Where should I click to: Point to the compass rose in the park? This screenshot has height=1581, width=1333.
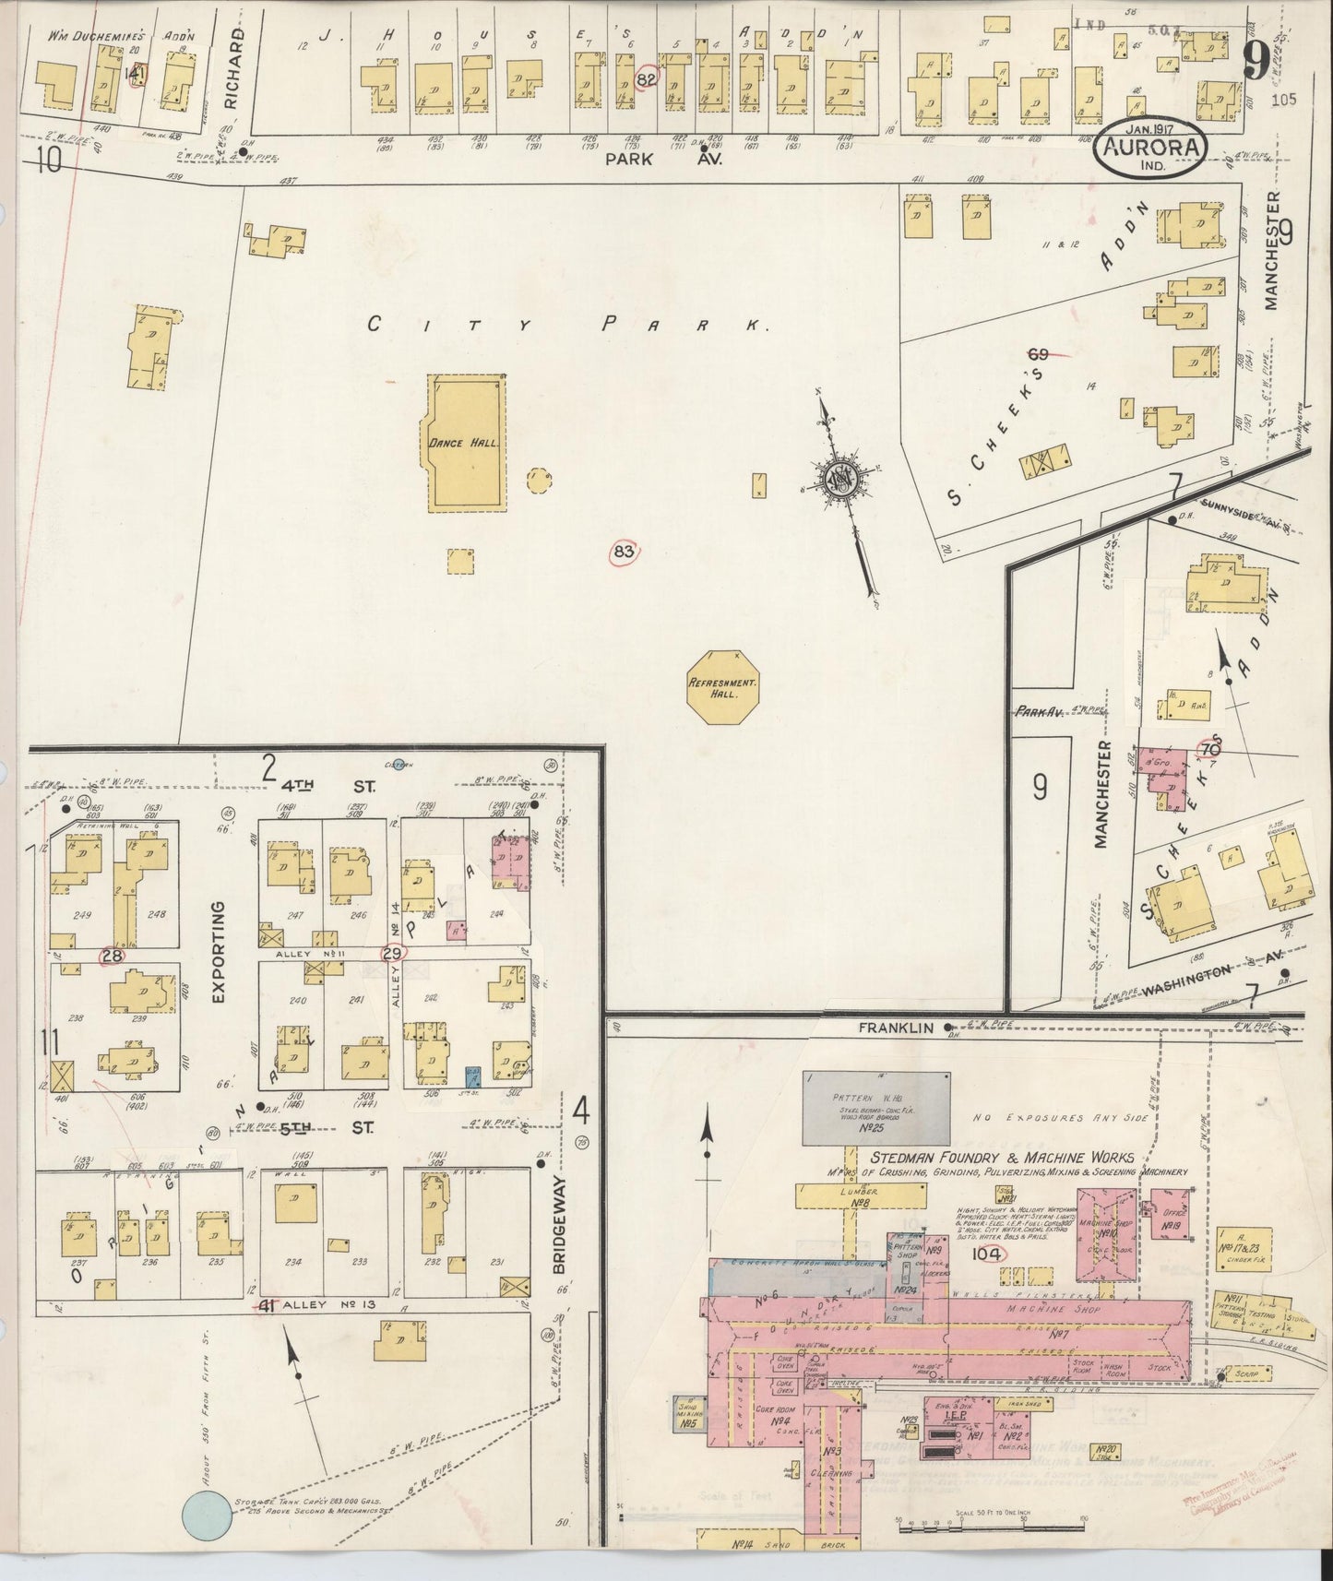pos(841,479)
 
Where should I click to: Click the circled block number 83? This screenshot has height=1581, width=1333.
pos(625,553)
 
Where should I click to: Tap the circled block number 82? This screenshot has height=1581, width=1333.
pos(647,80)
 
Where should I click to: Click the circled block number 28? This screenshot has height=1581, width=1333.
pos(113,957)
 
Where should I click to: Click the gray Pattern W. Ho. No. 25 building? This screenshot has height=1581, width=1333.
pos(876,1105)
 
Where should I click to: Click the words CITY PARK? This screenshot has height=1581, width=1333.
pos(568,325)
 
